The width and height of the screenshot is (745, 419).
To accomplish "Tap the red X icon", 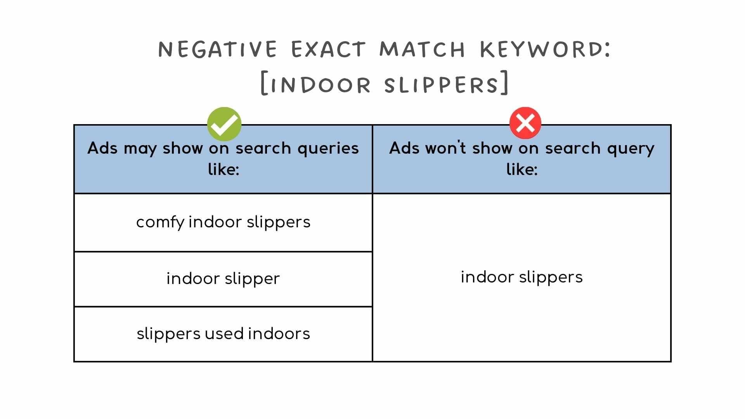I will (525, 123).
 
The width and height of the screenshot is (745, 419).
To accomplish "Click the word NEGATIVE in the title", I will (218, 50).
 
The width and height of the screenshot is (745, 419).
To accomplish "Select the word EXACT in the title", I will (328, 50).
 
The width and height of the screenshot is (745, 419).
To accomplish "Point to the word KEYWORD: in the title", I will (545, 50).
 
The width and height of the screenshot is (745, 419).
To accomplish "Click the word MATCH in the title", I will (422, 50).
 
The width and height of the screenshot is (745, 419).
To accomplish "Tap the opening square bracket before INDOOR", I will (264, 83).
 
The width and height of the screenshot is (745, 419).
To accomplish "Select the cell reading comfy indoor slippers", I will (223, 222).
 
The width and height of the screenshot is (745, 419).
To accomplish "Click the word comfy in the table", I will (160, 223).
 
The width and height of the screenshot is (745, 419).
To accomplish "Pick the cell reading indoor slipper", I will (223, 279).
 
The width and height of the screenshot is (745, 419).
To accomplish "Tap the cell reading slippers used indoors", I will (223, 334).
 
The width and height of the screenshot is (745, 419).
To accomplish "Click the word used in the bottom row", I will (224, 334).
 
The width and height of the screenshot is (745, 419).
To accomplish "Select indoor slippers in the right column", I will (521, 277).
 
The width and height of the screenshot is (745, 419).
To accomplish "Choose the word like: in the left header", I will (223, 170).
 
